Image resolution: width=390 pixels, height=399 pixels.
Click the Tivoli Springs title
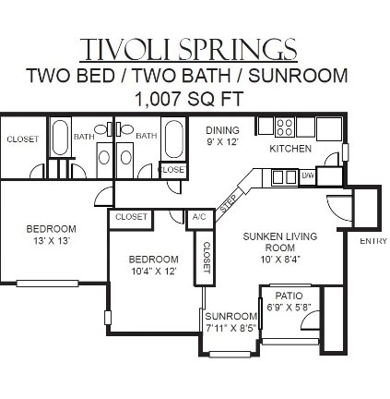(188, 49)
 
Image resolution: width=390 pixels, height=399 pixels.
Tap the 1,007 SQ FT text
(189, 99)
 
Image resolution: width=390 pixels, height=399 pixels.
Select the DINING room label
(222, 130)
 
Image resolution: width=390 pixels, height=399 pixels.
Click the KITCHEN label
(290, 149)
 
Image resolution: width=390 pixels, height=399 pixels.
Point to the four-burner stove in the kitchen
(285, 127)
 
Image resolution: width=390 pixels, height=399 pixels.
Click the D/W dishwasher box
(307, 176)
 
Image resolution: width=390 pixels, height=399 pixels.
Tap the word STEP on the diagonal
(229, 203)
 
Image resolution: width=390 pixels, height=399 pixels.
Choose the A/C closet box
(199, 218)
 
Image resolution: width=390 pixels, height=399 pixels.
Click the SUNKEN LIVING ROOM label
(280, 242)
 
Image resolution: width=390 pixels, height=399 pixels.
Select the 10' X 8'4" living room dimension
(280, 260)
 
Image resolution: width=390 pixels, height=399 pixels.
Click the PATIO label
(289, 296)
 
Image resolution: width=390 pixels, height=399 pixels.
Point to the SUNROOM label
(231, 316)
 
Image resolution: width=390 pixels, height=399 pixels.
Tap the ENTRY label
(373, 241)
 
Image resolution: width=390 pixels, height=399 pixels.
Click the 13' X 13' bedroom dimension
(51, 241)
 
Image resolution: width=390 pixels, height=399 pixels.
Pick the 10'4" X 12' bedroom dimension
(153, 272)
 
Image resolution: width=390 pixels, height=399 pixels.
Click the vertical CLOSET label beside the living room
(207, 258)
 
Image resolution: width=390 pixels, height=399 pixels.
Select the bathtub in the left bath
(60, 138)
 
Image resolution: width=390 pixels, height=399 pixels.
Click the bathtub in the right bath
(174, 139)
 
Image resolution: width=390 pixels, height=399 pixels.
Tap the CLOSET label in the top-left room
(23, 139)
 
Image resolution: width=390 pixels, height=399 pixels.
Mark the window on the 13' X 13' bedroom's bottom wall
(47, 284)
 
